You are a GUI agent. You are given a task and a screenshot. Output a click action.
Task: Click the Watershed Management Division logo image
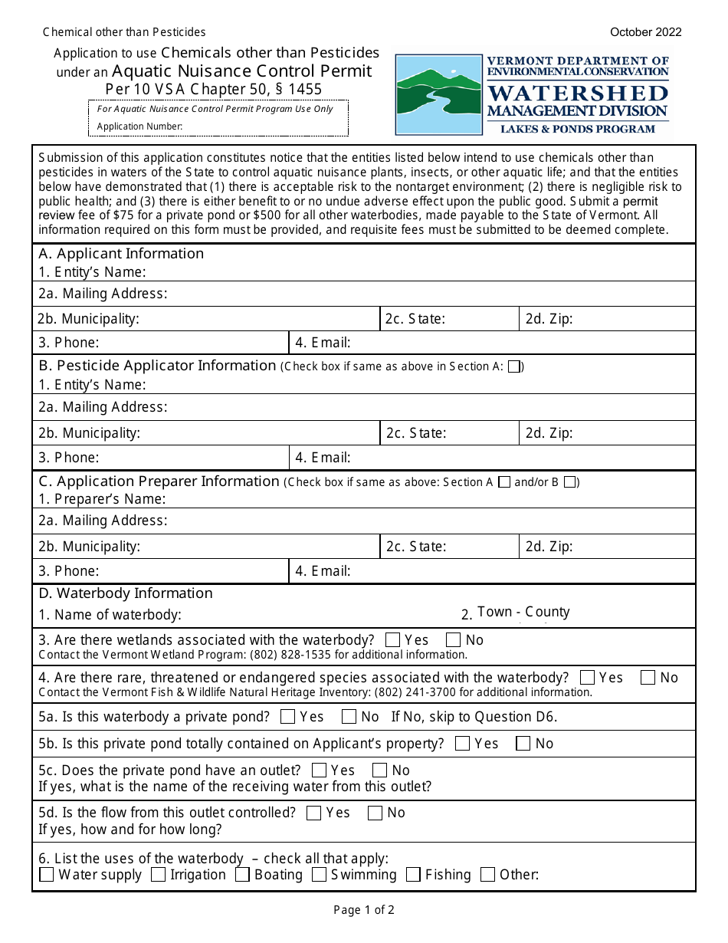(x=533, y=94)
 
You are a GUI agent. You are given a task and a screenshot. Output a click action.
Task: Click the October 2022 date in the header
(x=645, y=32)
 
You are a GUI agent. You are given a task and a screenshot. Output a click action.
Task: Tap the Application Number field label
(x=139, y=127)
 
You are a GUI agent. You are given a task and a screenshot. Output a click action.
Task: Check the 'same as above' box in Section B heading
(x=515, y=366)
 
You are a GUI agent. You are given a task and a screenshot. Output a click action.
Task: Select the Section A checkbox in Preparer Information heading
(x=504, y=482)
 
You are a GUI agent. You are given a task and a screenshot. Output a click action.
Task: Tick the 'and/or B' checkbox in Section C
(x=569, y=482)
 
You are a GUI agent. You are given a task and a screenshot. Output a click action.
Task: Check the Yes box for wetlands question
(x=393, y=639)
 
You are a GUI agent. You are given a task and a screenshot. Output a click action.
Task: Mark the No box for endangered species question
(x=648, y=677)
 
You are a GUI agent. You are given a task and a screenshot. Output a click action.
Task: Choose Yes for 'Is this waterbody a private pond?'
(x=288, y=717)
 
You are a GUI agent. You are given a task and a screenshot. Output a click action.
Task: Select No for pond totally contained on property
(x=523, y=743)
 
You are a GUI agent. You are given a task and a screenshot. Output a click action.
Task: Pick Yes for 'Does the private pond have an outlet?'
(x=320, y=770)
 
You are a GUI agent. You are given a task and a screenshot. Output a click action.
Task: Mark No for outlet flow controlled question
(x=375, y=813)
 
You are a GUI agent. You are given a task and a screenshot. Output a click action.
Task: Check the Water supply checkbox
(x=47, y=875)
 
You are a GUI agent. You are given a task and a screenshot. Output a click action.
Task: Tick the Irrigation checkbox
(x=159, y=875)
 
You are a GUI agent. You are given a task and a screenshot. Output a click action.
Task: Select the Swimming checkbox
(x=319, y=875)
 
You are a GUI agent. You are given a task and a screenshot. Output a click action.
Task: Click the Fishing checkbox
(x=414, y=875)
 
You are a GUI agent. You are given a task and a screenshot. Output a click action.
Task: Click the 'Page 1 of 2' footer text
(x=364, y=910)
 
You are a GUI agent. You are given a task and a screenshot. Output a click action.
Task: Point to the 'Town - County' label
(x=523, y=612)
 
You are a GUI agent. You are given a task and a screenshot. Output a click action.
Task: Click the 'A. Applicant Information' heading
(x=121, y=254)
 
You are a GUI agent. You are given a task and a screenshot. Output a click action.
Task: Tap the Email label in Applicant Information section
(x=323, y=343)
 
